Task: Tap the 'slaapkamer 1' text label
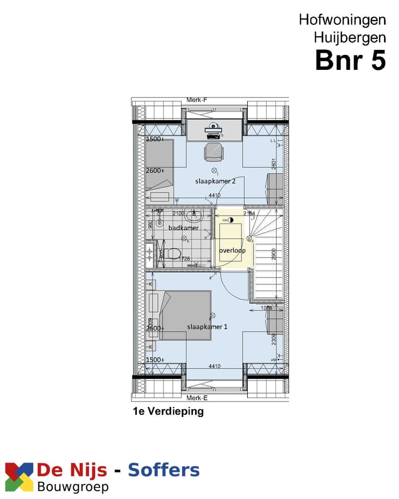click(x=207, y=327)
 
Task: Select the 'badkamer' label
click(x=183, y=228)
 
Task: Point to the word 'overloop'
click(x=232, y=251)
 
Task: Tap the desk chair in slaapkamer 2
click(x=214, y=151)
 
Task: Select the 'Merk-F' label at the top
click(x=196, y=100)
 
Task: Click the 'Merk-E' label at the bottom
click(x=196, y=398)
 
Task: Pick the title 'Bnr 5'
click(x=350, y=60)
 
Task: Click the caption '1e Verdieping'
click(x=168, y=411)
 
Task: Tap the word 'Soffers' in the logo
click(x=163, y=470)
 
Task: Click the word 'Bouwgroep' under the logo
click(x=73, y=487)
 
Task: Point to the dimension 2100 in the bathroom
click(x=179, y=213)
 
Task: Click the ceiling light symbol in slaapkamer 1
click(x=212, y=315)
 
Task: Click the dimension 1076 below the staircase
click(x=267, y=308)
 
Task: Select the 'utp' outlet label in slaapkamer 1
click(x=273, y=360)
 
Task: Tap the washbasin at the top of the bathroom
click(x=194, y=215)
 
